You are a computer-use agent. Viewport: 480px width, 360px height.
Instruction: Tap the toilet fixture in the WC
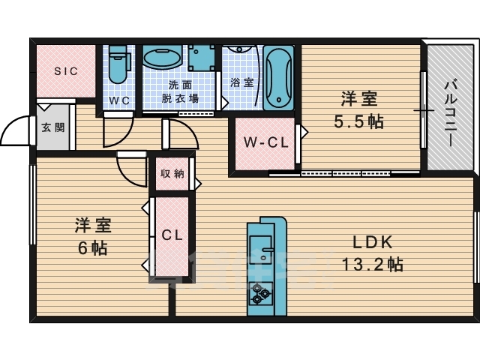(118, 66)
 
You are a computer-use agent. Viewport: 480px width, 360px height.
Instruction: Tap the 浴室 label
(241, 82)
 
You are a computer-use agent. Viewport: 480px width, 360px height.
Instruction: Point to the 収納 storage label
(172, 173)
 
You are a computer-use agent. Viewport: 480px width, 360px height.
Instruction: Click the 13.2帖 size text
(372, 264)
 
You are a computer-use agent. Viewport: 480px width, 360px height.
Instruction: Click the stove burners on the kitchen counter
(262, 292)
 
